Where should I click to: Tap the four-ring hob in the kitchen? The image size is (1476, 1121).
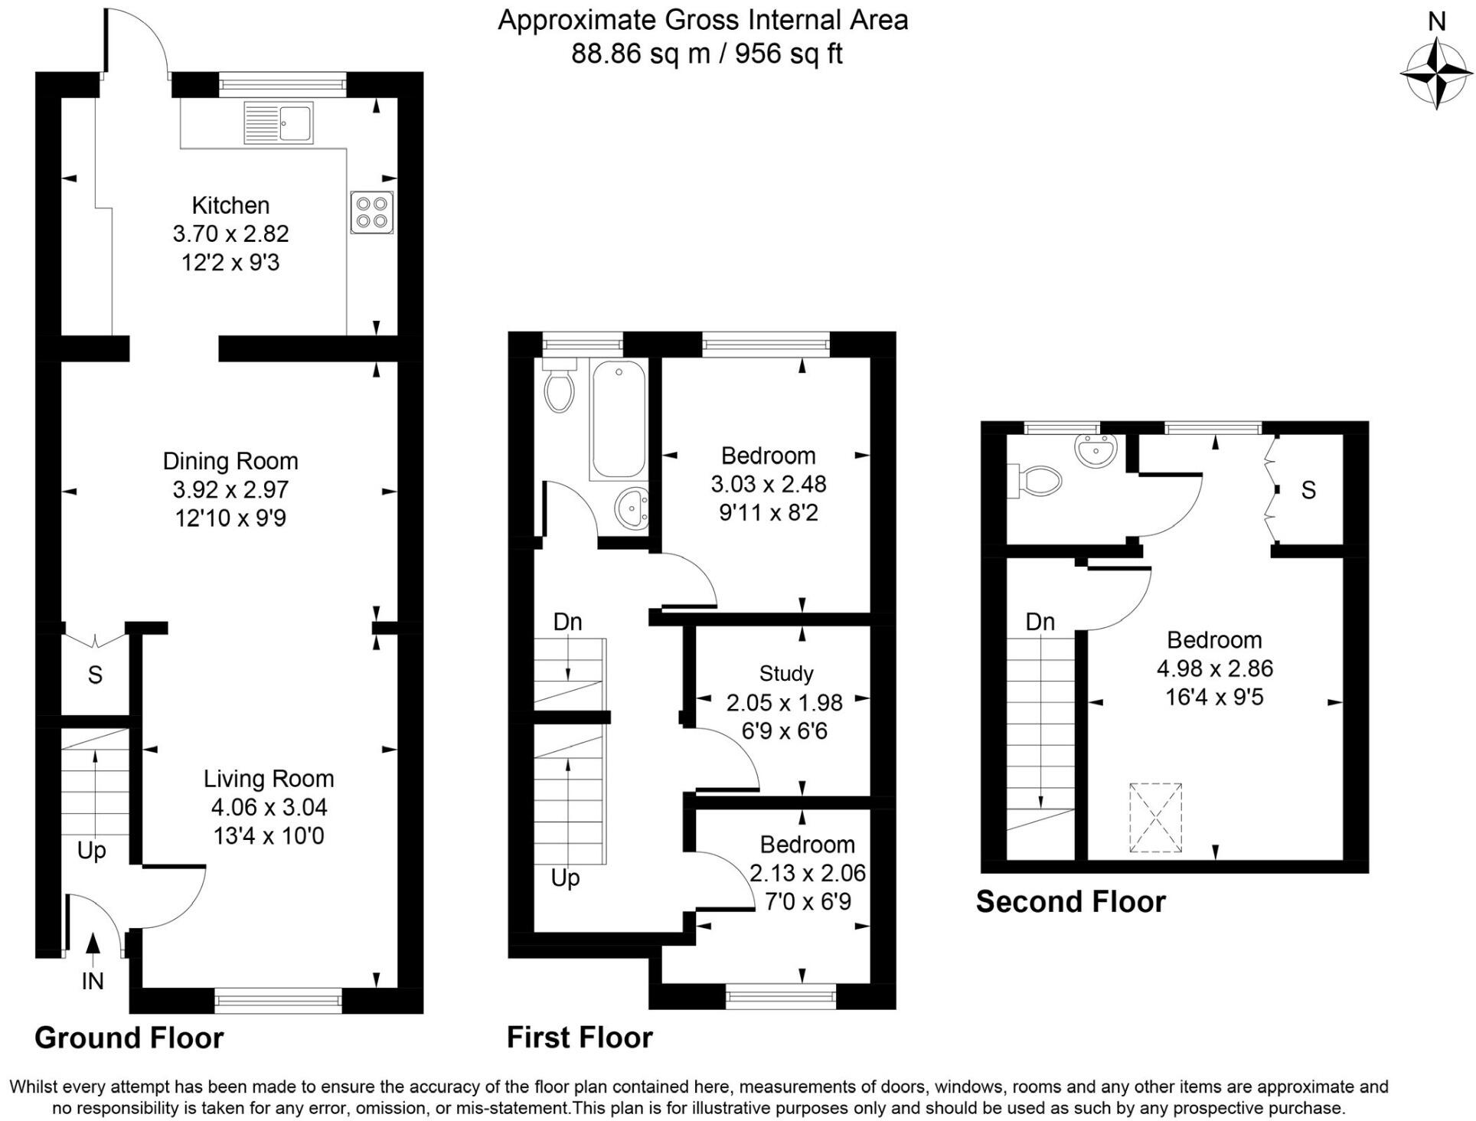coord(371,212)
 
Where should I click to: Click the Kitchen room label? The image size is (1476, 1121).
coord(230,205)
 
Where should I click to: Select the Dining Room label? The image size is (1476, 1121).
coord(230,461)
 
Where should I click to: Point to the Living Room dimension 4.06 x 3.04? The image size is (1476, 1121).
coord(269,807)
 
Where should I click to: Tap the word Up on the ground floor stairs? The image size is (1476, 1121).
coord(92,851)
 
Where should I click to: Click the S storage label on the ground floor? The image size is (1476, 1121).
coord(95,675)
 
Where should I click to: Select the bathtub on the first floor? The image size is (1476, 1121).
coord(618,420)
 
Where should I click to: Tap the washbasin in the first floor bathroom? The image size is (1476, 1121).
coord(632,508)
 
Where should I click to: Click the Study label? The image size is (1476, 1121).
coord(785,674)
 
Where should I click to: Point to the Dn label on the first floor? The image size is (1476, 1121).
coord(567,622)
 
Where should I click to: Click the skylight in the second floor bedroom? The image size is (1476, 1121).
coord(1155,818)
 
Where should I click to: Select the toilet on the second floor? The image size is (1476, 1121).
coord(1036,481)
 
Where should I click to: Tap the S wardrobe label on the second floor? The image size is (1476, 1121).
coord(1308,490)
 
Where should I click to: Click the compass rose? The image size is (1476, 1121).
coord(1436,74)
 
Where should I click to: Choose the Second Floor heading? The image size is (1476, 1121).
coord(1070,902)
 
